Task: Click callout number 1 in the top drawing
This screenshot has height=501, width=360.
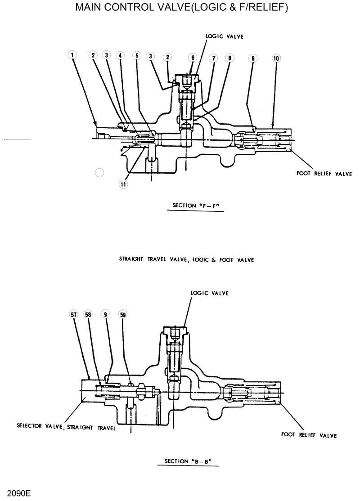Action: tap(72, 55)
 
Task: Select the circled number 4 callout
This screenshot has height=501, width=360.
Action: tap(120, 55)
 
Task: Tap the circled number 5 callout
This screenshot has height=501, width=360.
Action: tap(136, 55)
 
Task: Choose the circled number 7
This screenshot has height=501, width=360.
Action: tap(212, 58)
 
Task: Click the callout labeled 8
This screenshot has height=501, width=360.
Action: tap(229, 58)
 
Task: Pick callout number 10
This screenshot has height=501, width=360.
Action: tap(276, 58)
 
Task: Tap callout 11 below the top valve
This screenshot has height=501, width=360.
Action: tap(122, 183)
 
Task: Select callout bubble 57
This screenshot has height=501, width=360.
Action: tap(73, 315)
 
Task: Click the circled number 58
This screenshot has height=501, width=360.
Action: tap(88, 315)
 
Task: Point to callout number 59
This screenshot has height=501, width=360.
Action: tap(122, 315)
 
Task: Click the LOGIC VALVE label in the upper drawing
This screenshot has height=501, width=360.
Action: tap(224, 36)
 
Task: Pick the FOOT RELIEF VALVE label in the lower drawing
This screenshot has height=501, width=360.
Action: tap(309, 435)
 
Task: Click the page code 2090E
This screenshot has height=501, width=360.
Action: tap(16, 493)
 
